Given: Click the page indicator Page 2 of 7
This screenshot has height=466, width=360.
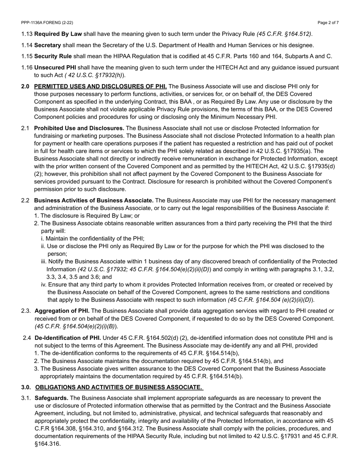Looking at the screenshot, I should [x=328, y=23].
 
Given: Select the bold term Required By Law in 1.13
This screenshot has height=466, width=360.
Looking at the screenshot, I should [x=58, y=34].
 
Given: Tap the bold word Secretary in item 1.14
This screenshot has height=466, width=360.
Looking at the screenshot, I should [x=47, y=45].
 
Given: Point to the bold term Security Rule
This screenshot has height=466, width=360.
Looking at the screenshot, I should [x=53, y=56].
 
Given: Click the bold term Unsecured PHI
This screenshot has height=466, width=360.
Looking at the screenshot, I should [x=55, y=68].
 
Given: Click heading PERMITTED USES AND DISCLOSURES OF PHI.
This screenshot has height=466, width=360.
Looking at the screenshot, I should [x=100, y=87].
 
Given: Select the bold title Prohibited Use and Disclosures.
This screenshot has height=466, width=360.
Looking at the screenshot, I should [x=79, y=128].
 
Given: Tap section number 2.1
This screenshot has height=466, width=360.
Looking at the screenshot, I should [x=25, y=128].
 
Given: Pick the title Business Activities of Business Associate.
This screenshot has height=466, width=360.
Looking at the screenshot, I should [x=94, y=200].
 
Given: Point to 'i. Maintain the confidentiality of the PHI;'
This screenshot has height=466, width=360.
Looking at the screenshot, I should [x=92, y=239].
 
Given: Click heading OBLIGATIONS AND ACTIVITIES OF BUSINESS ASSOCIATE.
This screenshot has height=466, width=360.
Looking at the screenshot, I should [x=119, y=387].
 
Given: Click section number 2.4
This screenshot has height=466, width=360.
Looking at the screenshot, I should [x=27, y=338].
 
